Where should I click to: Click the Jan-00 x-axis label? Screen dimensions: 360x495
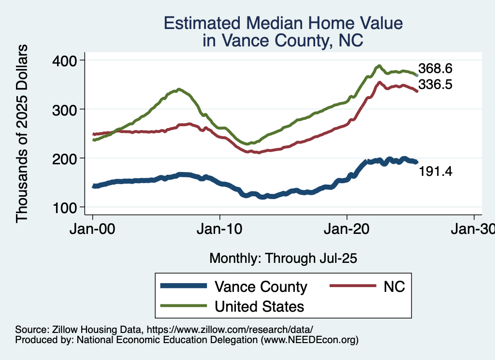tap(93, 229)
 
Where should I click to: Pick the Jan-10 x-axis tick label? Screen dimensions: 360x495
tap(220, 229)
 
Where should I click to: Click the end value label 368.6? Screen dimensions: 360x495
tap(435, 68)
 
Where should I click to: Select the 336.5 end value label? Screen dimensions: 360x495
tap(435, 85)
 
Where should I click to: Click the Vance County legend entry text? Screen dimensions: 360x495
tap(261, 287)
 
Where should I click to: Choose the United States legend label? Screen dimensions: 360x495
tap(259, 306)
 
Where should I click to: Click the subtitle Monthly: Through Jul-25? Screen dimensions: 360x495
tap(283, 259)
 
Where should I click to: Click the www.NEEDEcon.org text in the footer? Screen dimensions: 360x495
tap(310, 340)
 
